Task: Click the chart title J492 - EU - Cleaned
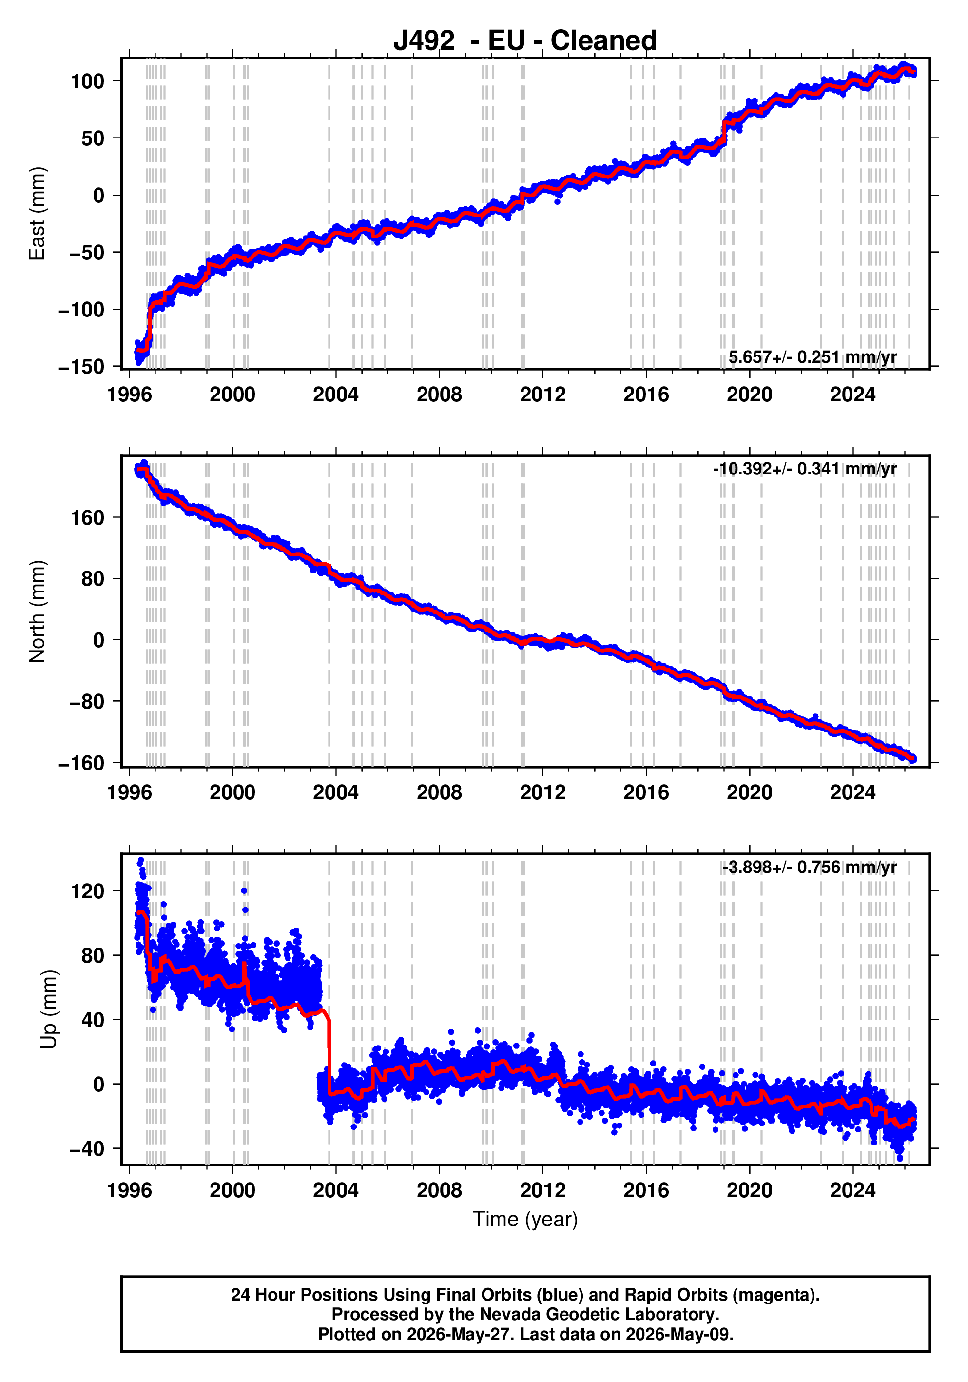coord(525,41)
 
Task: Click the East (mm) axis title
coord(37,214)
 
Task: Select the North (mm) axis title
coord(37,612)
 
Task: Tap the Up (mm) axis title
coord(49,1009)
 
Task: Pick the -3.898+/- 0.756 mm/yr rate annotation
coord(810,868)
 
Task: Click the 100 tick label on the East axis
coord(87,81)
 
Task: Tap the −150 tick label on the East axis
coord(81,367)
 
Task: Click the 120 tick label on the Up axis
coord(87,891)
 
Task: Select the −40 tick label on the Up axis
coord(87,1149)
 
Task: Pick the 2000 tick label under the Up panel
coord(232,1190)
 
